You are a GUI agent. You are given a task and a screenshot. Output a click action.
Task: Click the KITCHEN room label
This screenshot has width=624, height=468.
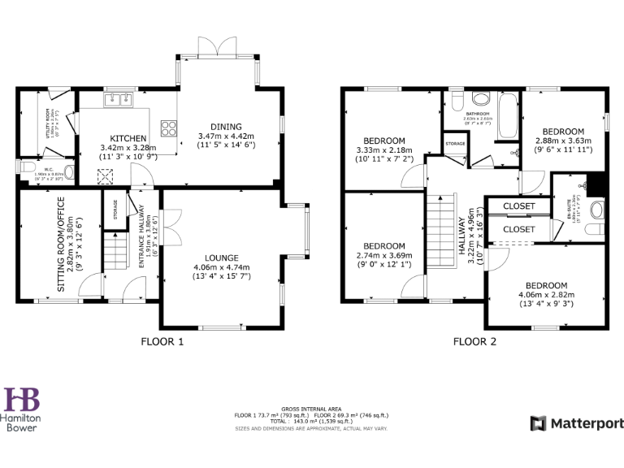pyautogui.click(x=128, y=138)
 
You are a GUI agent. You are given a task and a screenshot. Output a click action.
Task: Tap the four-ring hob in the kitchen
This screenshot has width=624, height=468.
pyautogui.click(x=170, y=127)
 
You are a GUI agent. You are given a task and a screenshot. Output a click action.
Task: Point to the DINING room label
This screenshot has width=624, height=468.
pyautogui.click(x=226, y=127)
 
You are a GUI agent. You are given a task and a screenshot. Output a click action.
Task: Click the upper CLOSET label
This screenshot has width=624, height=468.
pyautogui.click(x=518, y=206)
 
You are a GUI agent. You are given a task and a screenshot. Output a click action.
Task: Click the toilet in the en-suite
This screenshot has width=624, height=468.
pyautogui.click(x=598, y=211)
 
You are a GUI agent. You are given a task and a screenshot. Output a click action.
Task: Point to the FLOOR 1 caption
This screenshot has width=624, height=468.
pyautogui.click(x=162, y=341)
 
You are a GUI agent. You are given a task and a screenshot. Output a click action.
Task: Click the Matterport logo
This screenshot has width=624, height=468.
pyautogui.click(x=577, y=423)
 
